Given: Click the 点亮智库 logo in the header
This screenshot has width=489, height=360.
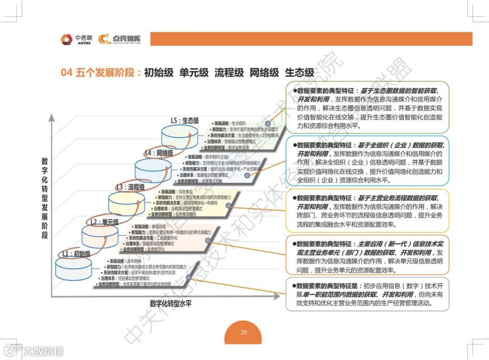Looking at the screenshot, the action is click(120, 39).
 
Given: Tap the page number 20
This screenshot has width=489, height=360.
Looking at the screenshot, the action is click(244, 332).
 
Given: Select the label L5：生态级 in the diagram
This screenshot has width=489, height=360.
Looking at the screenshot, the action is click(184, 121).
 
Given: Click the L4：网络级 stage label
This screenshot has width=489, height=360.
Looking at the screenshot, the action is click(158, 153).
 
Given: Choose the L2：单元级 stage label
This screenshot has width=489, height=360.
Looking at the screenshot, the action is click(104, 222).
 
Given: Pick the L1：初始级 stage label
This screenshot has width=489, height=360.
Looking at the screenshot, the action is click(76, 254).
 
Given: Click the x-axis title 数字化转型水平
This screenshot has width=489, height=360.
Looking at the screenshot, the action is click(171, 303).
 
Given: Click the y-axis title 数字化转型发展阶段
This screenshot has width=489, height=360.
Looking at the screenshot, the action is click(45, 198).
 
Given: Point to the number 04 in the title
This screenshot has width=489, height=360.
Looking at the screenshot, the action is click(67, 72).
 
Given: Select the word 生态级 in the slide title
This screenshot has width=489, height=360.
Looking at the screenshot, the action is click(299, 72).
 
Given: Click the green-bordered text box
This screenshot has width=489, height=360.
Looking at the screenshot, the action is click(367, 107).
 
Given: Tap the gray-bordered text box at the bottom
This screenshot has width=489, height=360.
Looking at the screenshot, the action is click(367, 294).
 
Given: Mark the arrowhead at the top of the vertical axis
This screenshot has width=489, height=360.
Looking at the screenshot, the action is click(52, 117).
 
